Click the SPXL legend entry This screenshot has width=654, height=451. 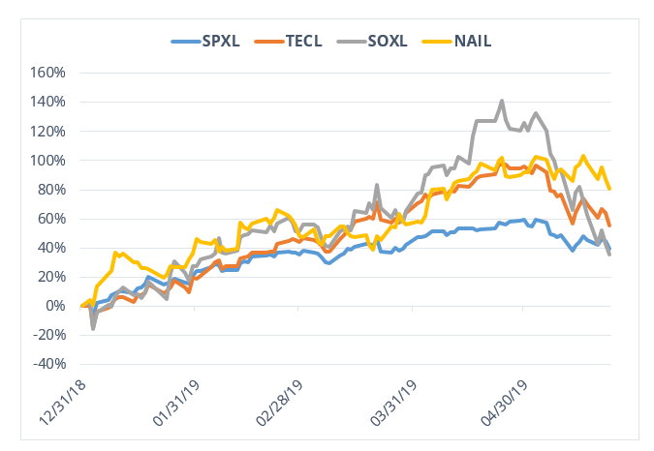(219, 41)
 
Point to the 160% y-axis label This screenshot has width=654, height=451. (47, 73)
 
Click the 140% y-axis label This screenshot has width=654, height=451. (47, 102)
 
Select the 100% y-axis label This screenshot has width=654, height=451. (47, 160)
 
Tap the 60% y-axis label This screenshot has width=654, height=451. (50, 218)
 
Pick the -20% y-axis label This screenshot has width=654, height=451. (48, 335)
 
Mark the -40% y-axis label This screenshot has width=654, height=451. (48, 364)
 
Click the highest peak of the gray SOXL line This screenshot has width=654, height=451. (501, 101)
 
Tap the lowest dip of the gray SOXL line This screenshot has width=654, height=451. (93, 329)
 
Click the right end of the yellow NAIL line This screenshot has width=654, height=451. (609, 188)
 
